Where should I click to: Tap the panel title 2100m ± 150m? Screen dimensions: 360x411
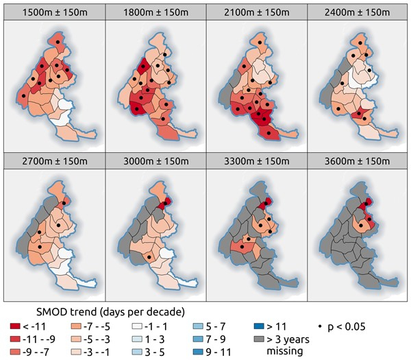point(257,11)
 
